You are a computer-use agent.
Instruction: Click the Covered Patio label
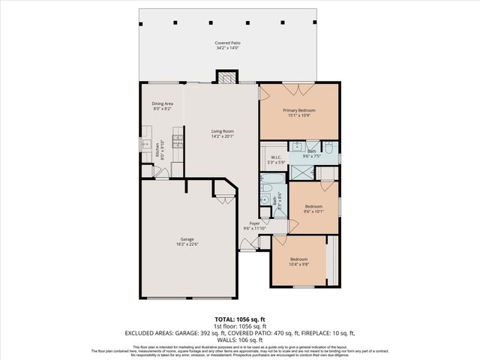[x=227, y=43]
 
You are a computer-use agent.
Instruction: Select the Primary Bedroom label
[x=298, y=110]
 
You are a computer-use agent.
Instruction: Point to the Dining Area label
[x=162, y=103]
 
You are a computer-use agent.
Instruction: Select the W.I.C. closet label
[x=275, y=157]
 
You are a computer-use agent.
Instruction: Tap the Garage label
[x=187, y=238]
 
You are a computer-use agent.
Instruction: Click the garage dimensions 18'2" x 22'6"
[x=187, y=244]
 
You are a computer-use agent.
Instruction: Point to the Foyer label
[x=255, y=223]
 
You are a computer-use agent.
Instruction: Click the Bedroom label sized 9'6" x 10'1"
[x=313, y=205]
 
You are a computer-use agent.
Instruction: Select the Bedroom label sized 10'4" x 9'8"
[x=298, y=259]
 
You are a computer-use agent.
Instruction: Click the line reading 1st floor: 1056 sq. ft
[x=239, y=326]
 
